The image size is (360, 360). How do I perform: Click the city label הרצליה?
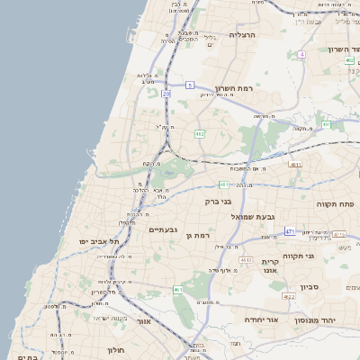243,34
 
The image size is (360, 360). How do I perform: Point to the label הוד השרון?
337,49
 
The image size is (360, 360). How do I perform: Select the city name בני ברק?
219,202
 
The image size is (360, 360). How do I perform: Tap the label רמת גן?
197,236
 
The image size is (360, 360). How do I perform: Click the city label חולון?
114,349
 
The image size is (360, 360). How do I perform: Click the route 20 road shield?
166,93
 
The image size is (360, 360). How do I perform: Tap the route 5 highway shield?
190,85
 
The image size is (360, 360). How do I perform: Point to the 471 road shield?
289,231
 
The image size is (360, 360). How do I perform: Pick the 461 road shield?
178,290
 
